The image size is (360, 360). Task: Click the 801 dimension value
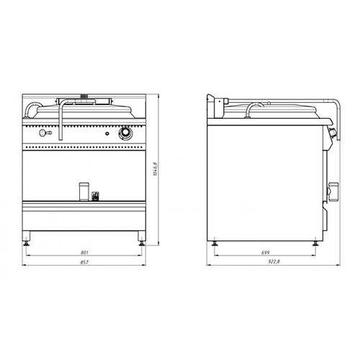tap(84, 253)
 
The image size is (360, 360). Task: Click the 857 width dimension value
tap(84, 262)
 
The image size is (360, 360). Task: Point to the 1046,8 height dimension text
tap(156, 169)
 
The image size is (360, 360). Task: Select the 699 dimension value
tap(266, 253)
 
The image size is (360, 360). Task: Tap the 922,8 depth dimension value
tap(274, 262)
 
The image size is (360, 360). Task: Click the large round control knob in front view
tap(125, 133)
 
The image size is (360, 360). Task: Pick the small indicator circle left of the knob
tap(107, 134)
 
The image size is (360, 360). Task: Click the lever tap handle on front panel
tap(45, 132)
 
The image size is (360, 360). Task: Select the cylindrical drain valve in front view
tap(84, 192)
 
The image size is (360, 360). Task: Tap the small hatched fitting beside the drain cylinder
tap(95, 196)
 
